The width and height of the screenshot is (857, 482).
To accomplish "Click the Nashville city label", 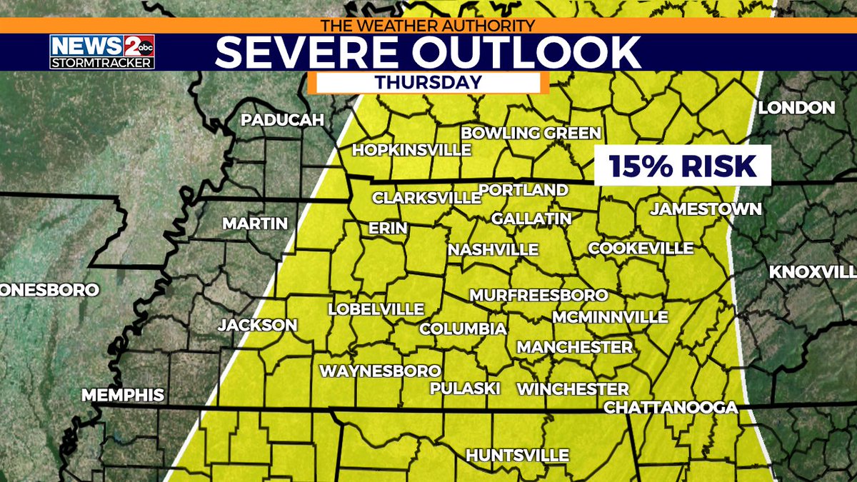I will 493,250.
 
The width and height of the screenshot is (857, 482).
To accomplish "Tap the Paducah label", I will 283,120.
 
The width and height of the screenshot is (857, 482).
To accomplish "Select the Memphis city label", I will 123,395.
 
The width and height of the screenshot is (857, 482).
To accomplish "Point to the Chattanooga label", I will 671,407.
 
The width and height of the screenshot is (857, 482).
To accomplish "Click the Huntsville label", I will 517,455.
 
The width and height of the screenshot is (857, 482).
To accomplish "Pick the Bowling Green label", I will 531,133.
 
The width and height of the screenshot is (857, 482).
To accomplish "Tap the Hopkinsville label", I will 412,150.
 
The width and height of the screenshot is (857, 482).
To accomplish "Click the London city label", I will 796,108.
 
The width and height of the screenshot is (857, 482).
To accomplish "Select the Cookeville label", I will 641,248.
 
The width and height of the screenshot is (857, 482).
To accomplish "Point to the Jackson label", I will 258,325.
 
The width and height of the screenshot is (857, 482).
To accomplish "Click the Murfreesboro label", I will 538,295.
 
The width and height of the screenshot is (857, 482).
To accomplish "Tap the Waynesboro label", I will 379,371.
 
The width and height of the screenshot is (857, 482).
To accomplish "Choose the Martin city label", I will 255,224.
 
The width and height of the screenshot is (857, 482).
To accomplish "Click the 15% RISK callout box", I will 683,166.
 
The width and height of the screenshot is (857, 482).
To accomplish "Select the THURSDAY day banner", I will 428,82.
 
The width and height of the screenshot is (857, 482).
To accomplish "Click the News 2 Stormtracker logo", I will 101,51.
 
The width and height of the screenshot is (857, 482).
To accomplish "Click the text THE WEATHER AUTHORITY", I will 428,26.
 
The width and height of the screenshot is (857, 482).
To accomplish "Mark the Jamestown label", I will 706,209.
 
